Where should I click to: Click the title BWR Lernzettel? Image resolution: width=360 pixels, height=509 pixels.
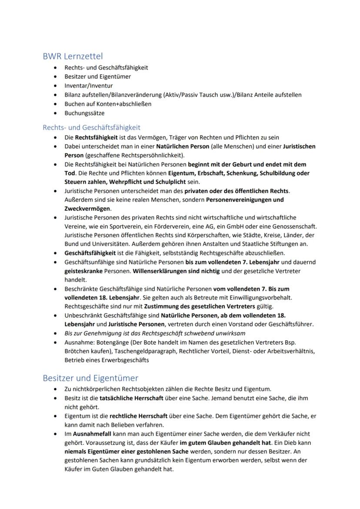tap(73, 56)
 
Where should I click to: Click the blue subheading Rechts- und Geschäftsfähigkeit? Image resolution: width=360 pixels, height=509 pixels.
tap(91, 127)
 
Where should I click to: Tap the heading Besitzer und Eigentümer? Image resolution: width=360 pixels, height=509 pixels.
tap(90, 378)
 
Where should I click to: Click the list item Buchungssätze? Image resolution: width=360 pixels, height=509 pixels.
tap(84, 113)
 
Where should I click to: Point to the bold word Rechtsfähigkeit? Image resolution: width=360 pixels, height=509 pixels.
tap(97, 137)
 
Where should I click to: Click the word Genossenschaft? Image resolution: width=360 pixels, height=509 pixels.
tap(294, 226)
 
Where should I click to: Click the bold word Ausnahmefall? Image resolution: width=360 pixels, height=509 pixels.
tap(92, 434)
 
